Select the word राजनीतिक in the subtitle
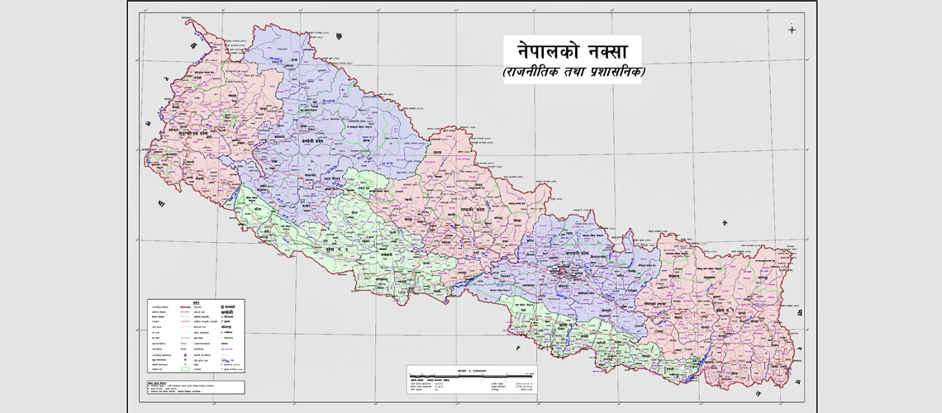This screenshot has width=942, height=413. click(537, 73)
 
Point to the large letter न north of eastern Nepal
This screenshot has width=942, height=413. click(724, 222)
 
